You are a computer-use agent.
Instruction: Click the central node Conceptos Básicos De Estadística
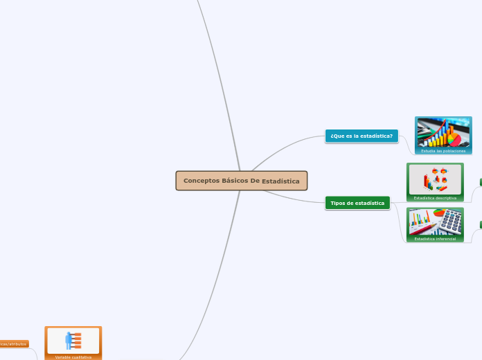(241, 181)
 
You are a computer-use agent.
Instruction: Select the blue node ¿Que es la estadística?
(361, 136)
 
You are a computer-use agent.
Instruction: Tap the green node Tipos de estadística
(357, 203)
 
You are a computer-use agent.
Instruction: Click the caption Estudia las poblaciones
(443, 150)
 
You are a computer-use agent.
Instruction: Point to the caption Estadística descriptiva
(435, 198)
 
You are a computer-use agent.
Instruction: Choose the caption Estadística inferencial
(435, 239)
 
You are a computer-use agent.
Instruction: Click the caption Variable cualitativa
(73, 357)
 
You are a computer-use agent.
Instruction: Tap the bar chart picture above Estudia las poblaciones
(443, 132)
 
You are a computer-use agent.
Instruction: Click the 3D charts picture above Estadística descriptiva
(435, 179)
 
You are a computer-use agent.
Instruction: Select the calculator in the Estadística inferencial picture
(451, 221)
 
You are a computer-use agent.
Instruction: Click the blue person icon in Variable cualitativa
(69, 340)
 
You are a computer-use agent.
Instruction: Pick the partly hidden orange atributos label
(13, 343)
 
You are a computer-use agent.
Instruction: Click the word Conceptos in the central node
(202, 181)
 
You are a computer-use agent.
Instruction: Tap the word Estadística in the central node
(280, 181)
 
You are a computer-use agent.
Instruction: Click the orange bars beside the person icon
(76, 340)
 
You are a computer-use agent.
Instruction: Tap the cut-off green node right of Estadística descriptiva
(480, 182)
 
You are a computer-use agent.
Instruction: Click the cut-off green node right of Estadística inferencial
(480, 225)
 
